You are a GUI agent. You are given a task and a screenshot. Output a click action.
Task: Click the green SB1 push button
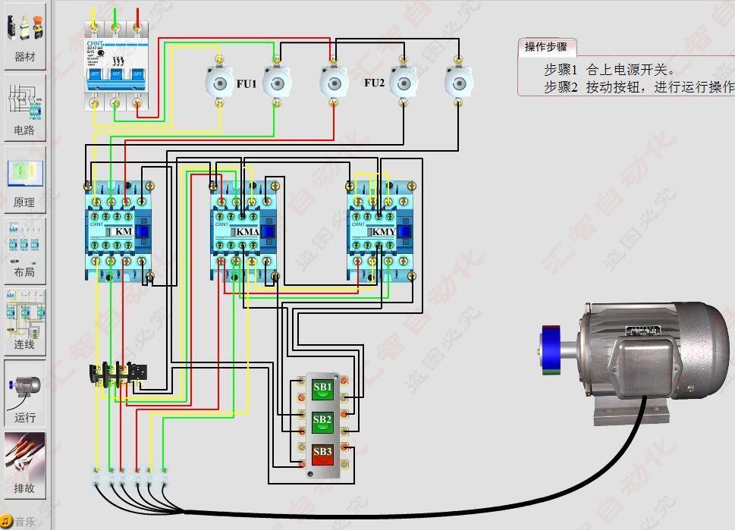322,388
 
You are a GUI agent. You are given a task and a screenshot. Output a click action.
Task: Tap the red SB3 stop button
322,453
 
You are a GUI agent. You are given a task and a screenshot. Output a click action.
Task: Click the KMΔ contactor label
247,231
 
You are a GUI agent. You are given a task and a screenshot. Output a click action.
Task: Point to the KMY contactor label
384,231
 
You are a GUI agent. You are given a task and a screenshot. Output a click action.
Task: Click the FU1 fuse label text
247,83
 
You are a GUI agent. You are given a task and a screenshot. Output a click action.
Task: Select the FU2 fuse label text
374,83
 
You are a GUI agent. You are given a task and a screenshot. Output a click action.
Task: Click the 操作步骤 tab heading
546,47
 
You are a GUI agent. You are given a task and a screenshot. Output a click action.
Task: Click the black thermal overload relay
118,374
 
